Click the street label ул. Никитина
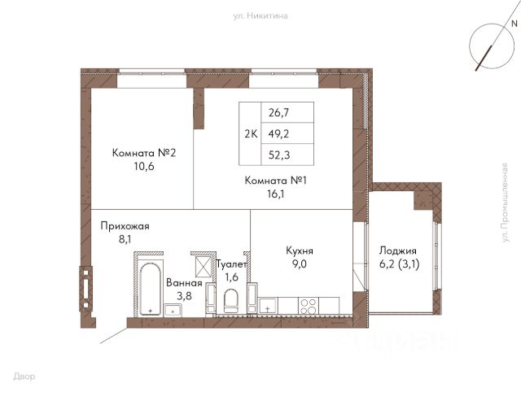tap(260, 16)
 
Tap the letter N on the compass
tap(514, 24)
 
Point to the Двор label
tap(24, 377)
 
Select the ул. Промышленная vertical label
tap(505, 203)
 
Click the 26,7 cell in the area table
tap(278, 113)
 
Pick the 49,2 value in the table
tap(278, 133)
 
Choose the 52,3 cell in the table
tap(279, 155)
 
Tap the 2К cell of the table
tap(251, 134)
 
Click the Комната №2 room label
tap(144, 153)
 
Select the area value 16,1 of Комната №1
tap(276, 194)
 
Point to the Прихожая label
tap(125, 226)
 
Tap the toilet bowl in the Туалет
tap(231, 302)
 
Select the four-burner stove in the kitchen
tap(308, 306)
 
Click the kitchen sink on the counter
tap(268, 306)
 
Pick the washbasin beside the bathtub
tap(173, 310)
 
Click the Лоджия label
tap(398, 251)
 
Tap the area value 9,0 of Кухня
tap(299, 264)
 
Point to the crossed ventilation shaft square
tap(204, 267)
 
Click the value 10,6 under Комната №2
tap(144, 166)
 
